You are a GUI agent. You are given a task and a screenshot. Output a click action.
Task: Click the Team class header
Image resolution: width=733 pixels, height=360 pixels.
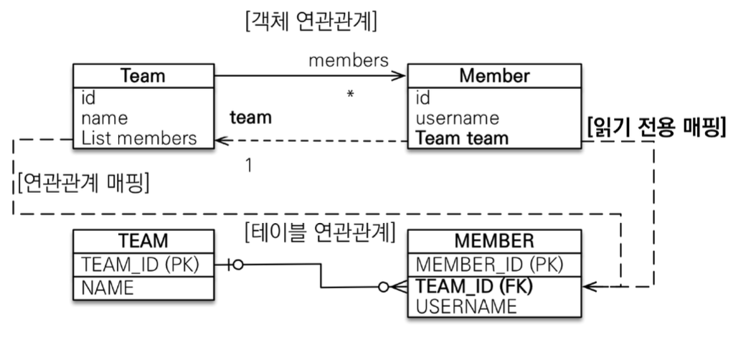pyautogui.click(x=143, y=76)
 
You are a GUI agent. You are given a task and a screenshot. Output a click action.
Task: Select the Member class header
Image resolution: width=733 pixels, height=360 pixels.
pyautogui.click(x=494, y=76)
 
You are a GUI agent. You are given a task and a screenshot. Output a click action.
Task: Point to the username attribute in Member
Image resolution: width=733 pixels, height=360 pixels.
pyautogui.click(x=458, y=117)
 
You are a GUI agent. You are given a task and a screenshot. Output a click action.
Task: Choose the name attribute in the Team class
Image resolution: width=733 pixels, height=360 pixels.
pyautogui.click(x=105, y=117)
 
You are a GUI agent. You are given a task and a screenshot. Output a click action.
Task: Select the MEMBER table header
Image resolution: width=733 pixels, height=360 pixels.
pyautogui.click(x=494, y=241)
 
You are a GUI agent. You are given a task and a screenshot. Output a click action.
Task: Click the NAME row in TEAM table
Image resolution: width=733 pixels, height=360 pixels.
pyautogui.click(x=108, y=288)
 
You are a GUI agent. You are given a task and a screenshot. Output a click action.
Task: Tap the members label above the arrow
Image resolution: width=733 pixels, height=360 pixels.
pyautogui.click(x=348, y=60)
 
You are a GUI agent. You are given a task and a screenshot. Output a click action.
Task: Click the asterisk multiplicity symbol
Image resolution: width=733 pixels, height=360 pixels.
pyautogui.click(x=349, y=95)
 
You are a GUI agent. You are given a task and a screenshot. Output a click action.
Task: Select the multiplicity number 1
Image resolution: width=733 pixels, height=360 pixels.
pyautogui.click(x=248, y=166)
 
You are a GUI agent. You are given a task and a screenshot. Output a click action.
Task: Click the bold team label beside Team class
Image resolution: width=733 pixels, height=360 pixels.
pyautogui.click(x=250, y=118)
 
